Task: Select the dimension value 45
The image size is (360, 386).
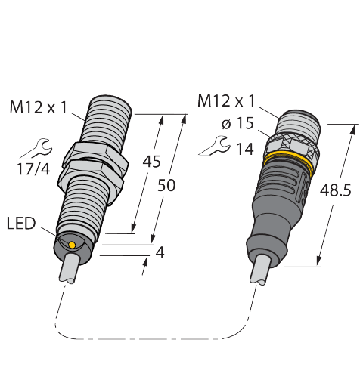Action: tap(151, 162)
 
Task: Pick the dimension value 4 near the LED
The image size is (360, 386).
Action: tap(159, 253)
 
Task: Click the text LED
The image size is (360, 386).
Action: tap(20, 223)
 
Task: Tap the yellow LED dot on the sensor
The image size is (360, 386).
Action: tap(72, 245)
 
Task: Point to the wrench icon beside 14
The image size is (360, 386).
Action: tap(213, 144)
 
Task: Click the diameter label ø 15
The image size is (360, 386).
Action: tap(237, 124)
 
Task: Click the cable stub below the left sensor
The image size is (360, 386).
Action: tap(69, 268)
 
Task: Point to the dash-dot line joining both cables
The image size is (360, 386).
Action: tap(151, 338)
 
